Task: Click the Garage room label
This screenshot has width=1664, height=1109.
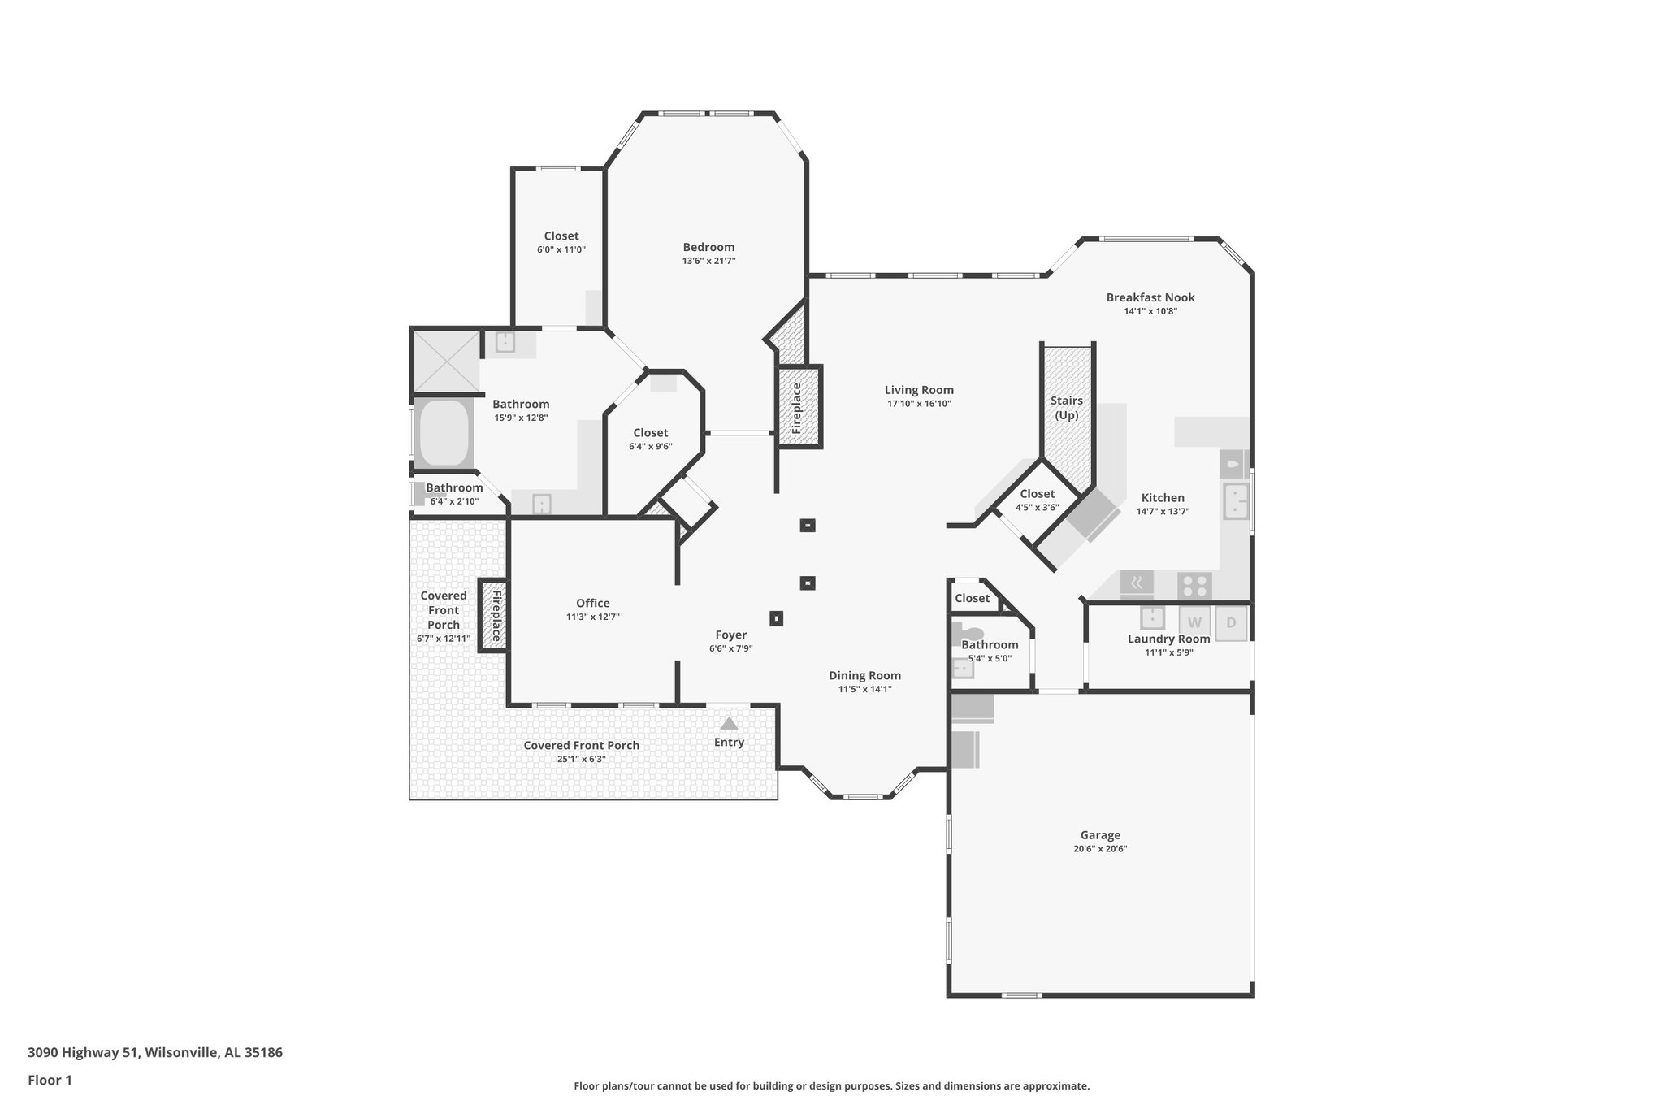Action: [x=1100, y=835]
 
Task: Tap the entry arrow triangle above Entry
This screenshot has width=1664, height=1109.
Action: [x=729, y=723]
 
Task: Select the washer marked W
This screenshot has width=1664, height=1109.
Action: [x=1194, y=623]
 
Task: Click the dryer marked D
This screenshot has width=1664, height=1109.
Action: [x=1231, y=623]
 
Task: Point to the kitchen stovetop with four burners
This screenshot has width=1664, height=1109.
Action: [x=1194, y=586]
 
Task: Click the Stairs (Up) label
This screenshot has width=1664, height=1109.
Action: [x=1066, y=408]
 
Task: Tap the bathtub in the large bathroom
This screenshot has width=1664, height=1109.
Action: [x=444, y=432]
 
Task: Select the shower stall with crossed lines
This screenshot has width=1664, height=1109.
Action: [x=446, y=360]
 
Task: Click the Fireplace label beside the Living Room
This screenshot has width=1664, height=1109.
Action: [x=797, y=408]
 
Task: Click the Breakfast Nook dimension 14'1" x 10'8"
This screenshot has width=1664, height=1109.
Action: [x=1150, y=311]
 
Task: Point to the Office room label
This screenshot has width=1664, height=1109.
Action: [x=592, y=603]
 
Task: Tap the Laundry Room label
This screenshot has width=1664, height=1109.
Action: [x=1168, y=639]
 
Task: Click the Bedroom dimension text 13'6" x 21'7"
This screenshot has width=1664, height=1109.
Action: [x=708, y=261]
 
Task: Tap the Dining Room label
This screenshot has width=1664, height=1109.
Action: [x=864, y=675]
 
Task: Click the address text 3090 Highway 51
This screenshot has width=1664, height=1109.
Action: [x=154, y=1052]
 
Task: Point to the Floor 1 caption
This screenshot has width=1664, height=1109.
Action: [x=50, y=1080]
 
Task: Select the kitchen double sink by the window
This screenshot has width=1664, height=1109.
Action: [x=1235, y=500]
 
